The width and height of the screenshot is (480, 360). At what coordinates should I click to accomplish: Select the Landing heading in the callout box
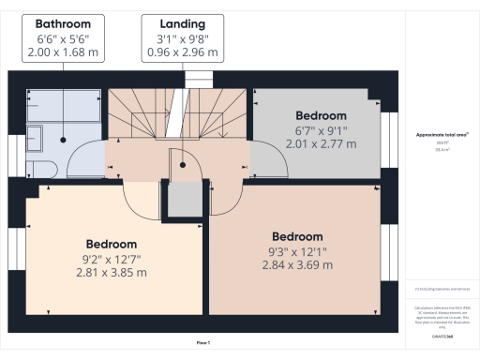pos(185,22)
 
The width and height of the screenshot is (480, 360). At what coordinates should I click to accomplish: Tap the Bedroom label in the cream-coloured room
pos(112,245)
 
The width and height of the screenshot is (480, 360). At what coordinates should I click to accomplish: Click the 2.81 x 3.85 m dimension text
pos(112,272)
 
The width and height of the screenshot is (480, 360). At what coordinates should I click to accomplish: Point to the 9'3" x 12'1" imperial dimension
pos(297,251)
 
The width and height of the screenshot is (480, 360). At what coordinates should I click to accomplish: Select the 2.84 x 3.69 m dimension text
pos(297,265)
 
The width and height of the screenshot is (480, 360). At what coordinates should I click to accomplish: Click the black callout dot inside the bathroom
pos(63,140)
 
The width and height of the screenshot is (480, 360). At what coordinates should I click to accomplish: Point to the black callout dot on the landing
pos(185,160)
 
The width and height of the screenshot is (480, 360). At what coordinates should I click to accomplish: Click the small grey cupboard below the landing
pos(185,200)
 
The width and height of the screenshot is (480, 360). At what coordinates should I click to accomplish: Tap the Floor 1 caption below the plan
pos(202,344)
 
